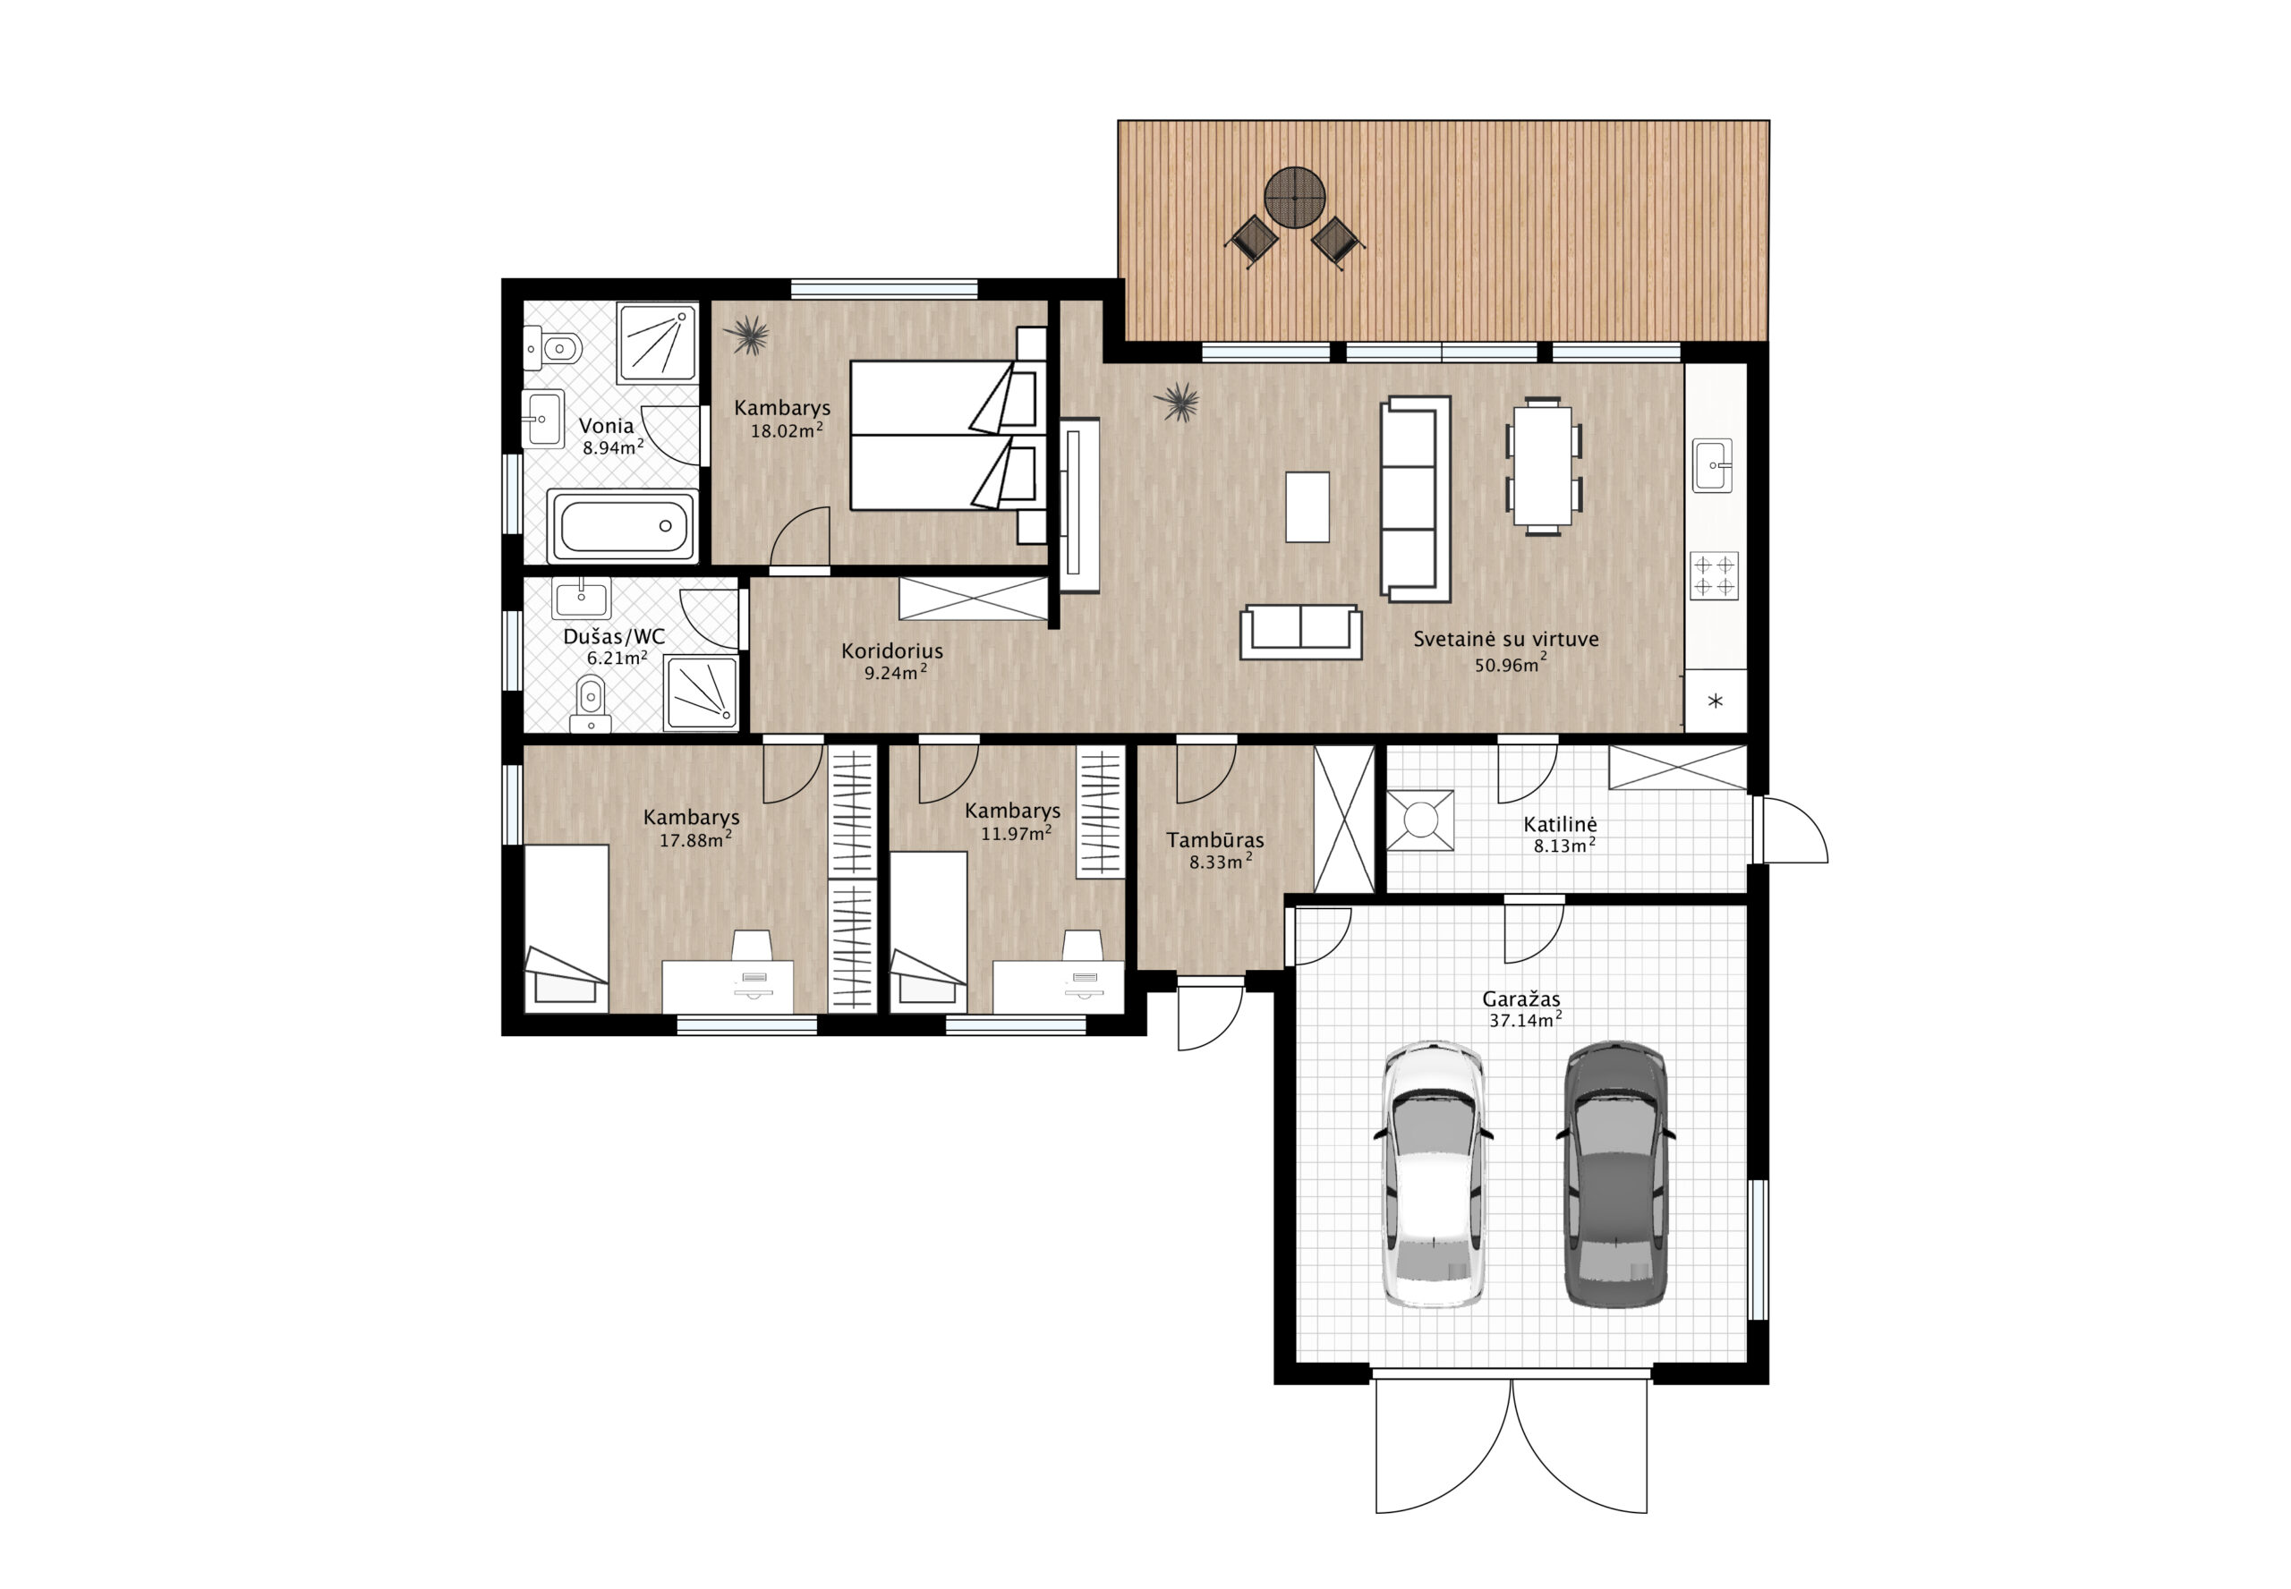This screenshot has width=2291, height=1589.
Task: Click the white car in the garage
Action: (1433, 1175)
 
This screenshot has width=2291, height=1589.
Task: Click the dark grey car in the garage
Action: (1615, 1175)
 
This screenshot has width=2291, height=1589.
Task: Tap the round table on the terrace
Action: (1294, 197)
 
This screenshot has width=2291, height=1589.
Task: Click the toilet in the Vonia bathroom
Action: (554, 348)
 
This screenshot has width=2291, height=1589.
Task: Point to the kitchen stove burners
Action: (1714, 575)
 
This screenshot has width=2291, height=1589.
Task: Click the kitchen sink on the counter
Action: (1711, 465)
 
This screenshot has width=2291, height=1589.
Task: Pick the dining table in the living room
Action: (1542, 465)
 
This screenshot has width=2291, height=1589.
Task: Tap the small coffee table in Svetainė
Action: (1307, 506)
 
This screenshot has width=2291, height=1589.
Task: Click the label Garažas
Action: (1520, 998)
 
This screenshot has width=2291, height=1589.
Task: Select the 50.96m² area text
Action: (1511, 663)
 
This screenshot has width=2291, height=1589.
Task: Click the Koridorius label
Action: (891, 651)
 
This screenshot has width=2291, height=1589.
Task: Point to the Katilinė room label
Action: (1559, 824)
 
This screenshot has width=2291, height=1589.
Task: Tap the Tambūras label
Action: (1214, 840)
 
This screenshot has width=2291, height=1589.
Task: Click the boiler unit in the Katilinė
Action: (1420, 820)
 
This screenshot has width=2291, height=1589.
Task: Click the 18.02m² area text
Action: (787, 430)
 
